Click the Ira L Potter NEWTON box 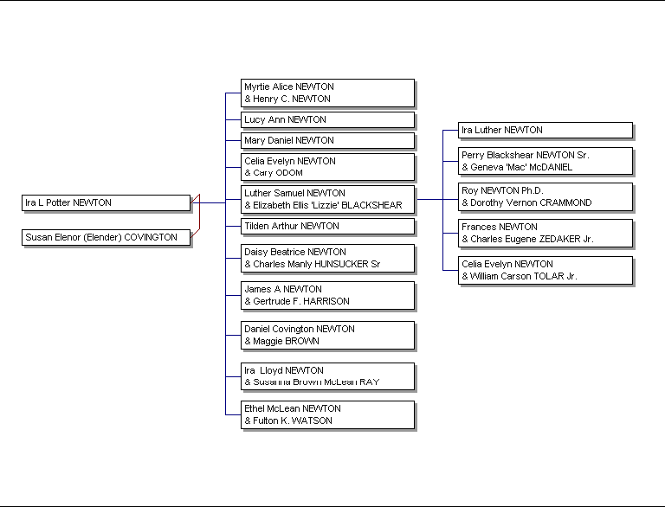[x=106, y=202]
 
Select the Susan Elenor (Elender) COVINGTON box [x=106, y=237]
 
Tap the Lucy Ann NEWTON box [x=327, y=120]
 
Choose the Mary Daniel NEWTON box [x=327, y=141]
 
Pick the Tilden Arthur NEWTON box [x=327, y=227]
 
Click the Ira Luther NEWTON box [x=546, y=130]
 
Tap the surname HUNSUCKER [x=341, y=264]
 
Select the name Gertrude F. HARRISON [x=301, y=301]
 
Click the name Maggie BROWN [x=286, y=341]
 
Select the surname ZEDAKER [x=557, y=239]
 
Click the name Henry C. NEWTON [x=292, y=99]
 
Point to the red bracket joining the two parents [x=199, y=216]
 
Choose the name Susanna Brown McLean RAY [x=316, y=382]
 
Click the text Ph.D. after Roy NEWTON [x=533, y=190]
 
